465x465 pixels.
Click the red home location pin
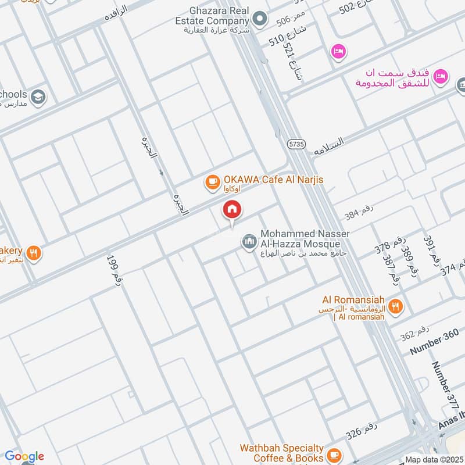point(232,210)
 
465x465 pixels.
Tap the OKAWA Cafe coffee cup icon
point(212,183)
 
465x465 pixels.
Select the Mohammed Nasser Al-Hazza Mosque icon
point(249,241)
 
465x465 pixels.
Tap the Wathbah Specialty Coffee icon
point(334,453)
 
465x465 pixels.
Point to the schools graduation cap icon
point(38,96)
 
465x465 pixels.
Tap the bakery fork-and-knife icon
point(34,253)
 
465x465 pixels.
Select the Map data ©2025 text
point(433,459)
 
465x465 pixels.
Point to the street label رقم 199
point(114,269)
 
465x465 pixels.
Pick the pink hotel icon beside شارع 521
point(338,52)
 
